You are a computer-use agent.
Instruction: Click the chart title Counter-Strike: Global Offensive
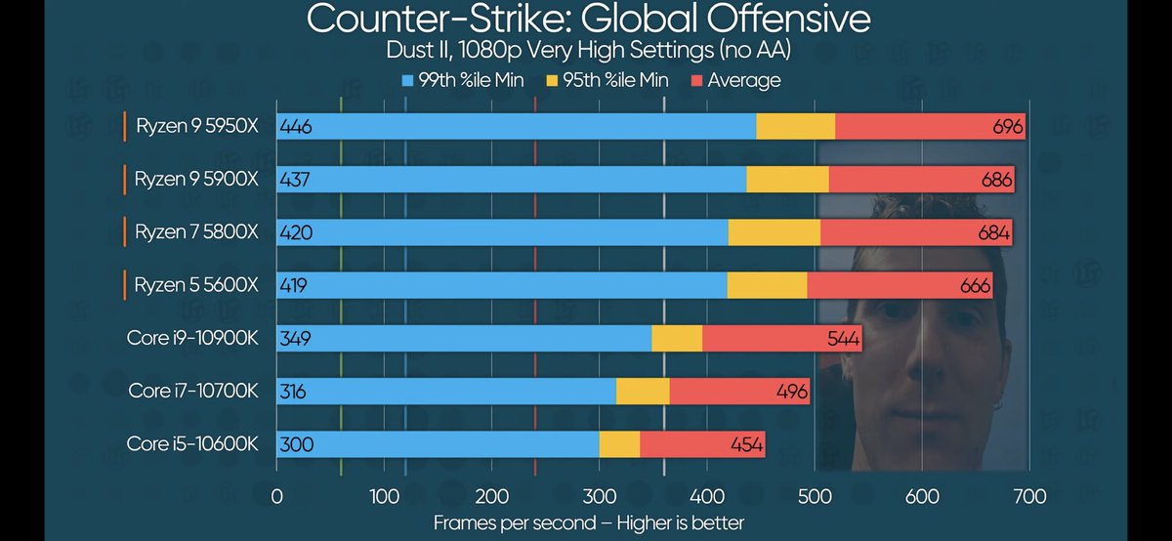588,19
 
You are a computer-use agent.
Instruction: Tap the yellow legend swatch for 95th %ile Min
551,80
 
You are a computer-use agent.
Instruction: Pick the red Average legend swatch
697,80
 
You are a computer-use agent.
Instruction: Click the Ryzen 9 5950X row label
196,126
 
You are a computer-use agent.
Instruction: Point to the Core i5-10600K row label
192,443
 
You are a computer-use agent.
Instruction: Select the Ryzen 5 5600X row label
196,285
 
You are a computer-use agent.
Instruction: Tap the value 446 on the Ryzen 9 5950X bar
295,127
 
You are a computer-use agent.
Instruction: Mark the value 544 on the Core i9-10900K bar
843,339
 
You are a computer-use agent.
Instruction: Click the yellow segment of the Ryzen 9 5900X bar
787,180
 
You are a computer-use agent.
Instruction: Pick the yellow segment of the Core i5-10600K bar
619,444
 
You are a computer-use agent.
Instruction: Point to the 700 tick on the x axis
1029,496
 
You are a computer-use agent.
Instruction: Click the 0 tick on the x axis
277,496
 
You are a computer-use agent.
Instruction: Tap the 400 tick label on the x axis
707,496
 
